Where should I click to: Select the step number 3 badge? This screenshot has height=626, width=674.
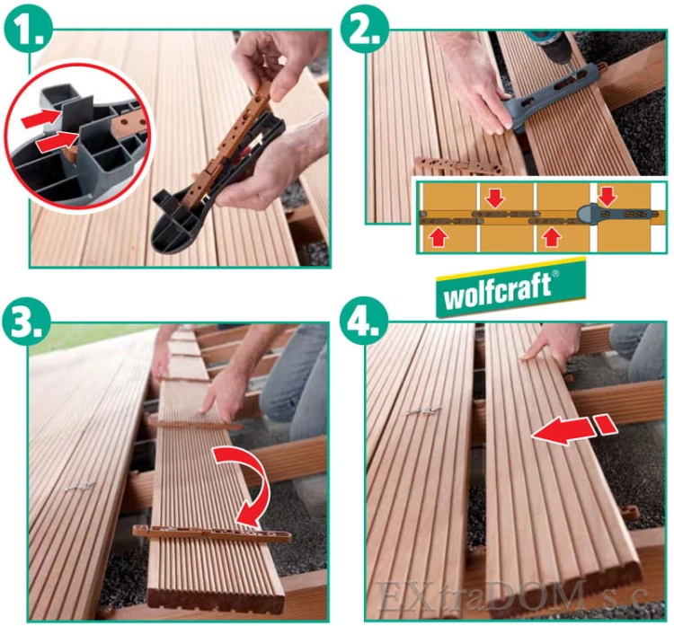tap(27, 321)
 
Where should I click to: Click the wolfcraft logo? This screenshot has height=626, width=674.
tap(511, 287)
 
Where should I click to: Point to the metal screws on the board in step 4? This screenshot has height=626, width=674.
tap(424, 411)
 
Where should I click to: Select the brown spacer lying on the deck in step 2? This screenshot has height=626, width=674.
tap(459, 166)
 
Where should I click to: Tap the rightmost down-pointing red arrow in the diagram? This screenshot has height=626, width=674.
tap(607, 196)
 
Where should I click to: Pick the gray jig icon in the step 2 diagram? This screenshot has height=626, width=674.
tap(615, 213)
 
